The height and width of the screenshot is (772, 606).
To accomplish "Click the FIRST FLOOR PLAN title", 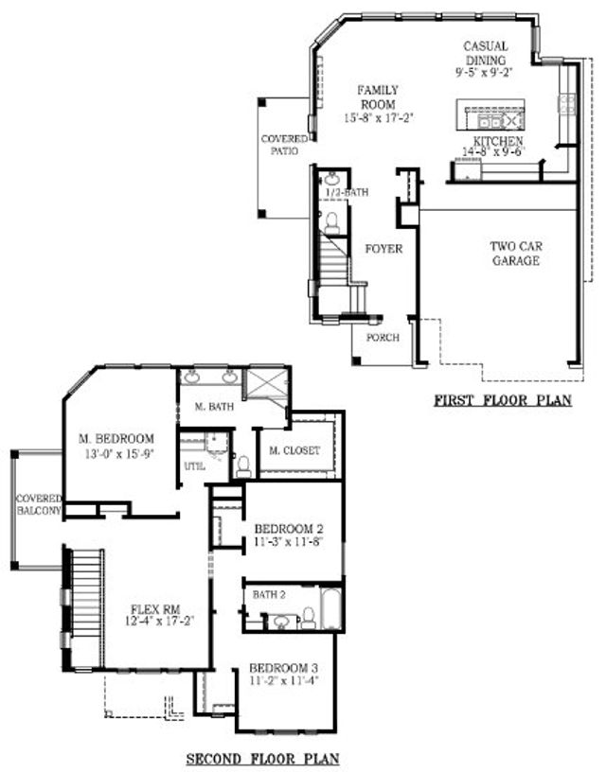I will tap(503, 401).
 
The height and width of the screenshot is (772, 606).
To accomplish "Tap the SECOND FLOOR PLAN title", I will tap(261, 758).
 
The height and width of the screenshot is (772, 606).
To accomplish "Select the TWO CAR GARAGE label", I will tap(515, 254).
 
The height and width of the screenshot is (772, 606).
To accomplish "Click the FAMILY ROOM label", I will tap(376, 96).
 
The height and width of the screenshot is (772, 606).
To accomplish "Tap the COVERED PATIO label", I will tap(284, 145).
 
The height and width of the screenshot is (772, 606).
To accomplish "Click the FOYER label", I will tap(383, 249).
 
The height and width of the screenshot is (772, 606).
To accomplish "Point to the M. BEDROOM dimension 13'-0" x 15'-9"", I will tap(116, 453).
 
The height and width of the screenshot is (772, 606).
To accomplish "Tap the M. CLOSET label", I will tap(294, 450).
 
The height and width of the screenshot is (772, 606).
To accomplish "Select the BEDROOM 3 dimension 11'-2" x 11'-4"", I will tap(283, 678).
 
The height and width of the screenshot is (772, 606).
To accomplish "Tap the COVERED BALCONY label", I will tap(38, 504).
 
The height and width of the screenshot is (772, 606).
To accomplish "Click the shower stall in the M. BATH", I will tap(267, 385).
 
